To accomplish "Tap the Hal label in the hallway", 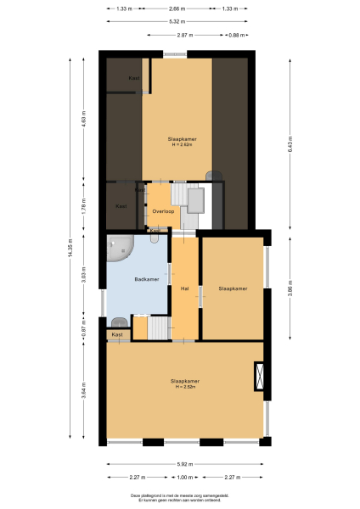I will click(184, 288).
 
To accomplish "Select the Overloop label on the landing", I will click(163, 210).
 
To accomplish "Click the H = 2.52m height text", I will click(185, 387).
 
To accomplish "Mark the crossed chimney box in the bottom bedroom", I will click(259, 377).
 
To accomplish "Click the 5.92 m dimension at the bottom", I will click(185, 464).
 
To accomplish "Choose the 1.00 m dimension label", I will click(185, 477).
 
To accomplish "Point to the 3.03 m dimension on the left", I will click(83, 280).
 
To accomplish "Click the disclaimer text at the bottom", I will click(179, 497).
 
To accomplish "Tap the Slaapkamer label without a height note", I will click(233, 288).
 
